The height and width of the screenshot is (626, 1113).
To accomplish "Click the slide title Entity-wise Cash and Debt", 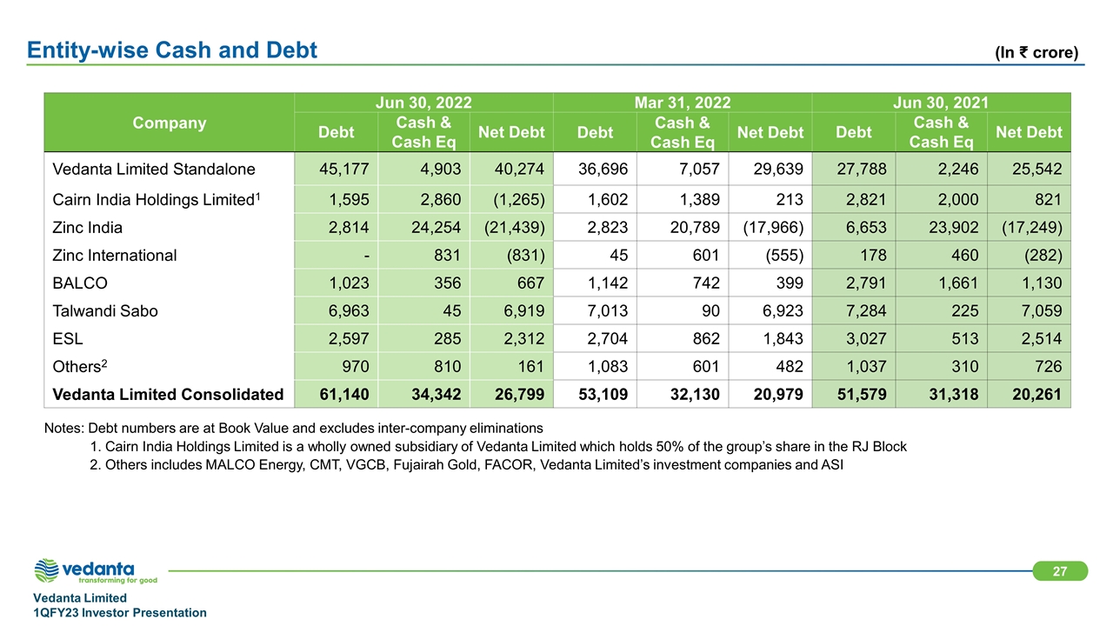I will tap(172, 51).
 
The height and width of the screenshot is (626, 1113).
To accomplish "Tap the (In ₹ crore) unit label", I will tap(1036, 52).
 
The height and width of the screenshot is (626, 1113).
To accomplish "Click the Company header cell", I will tap(170, 123).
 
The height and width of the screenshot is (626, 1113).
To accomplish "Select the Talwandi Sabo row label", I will tap(105, 310).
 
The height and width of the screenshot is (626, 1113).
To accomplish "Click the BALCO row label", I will tap(80, 283).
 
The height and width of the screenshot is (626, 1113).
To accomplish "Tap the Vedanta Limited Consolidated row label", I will tap(168, 394).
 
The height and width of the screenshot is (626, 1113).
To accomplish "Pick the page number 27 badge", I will tap(1060, 570).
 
